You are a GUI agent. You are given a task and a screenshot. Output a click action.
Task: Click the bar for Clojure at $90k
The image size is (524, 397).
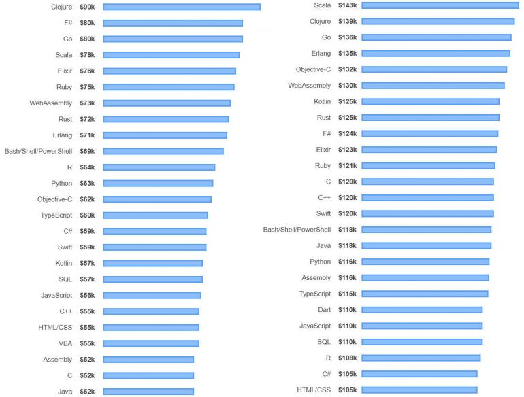tap(181, 7)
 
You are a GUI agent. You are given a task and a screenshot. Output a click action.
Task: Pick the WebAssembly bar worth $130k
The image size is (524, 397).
tap(433, 86)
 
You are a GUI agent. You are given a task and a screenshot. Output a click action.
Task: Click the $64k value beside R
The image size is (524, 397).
tap(87, 167)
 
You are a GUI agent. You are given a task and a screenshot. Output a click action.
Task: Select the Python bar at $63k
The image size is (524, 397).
tap(158, 183)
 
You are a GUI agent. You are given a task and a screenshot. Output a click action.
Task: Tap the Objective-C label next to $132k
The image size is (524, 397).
tap(313, 69)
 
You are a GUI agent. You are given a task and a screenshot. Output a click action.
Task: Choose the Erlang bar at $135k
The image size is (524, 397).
tap(436, 53)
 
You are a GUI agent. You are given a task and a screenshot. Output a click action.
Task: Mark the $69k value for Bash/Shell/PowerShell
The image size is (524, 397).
tap(87, 151)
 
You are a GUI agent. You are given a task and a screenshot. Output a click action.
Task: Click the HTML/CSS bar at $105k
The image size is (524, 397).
tap(419, 390)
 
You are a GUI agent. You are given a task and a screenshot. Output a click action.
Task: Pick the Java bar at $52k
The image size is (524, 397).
tap(148, 392)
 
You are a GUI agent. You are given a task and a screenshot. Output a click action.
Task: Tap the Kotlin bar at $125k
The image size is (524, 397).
tap(430, 101)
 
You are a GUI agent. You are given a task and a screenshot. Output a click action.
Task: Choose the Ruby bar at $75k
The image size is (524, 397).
tap(168, 87)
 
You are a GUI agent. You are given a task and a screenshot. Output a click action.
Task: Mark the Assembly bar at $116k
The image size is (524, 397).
tap(425, 278)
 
